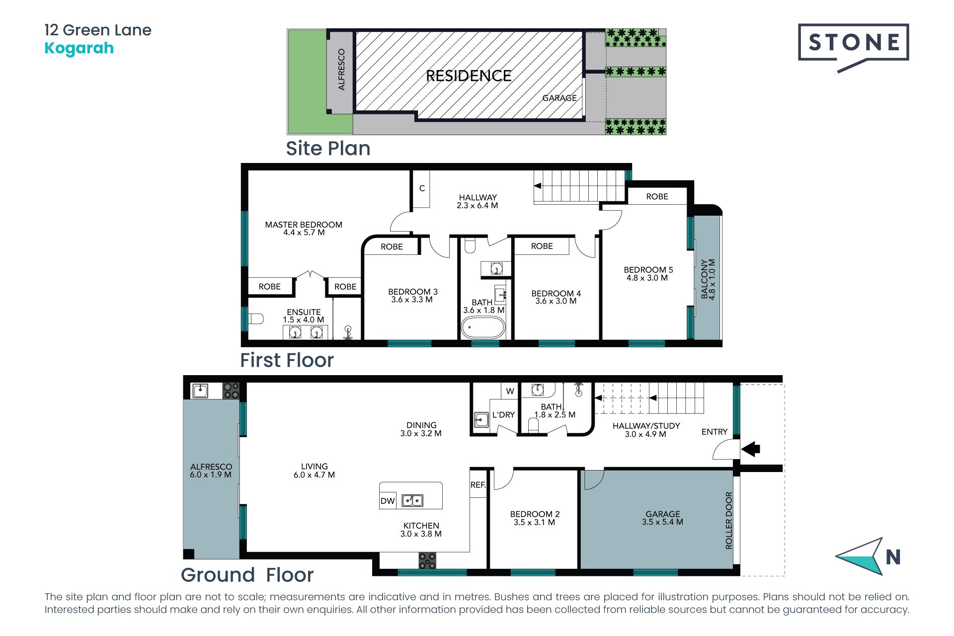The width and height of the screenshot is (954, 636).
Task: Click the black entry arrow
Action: (x=751, y=449)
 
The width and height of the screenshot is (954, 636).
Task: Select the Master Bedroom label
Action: (x=304, y=229)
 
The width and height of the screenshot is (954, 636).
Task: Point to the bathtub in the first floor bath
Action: (x=483, y=327)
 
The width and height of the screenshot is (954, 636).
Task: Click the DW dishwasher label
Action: (x=388, y=501)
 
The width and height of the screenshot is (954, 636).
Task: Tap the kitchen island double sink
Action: (x=412, y=500)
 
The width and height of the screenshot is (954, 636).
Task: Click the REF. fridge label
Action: (x=478, y=485)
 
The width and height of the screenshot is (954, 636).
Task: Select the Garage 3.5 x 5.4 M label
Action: (x=662, y=518)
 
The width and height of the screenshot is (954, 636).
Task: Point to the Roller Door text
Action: (x=729, y=520)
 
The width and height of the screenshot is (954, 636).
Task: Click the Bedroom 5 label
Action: (x=648, y=274)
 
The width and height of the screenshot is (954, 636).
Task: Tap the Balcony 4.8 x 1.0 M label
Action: (x=708, y=279)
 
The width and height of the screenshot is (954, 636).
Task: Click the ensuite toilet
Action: (x=256, y=318)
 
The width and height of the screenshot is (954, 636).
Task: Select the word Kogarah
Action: (x=79, y=48)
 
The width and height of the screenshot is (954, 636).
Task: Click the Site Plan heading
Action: (x=328, y=149)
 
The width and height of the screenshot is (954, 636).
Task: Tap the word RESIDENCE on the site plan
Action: (x=469, y=76)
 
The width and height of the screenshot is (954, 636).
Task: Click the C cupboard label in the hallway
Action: (x=422, y=188)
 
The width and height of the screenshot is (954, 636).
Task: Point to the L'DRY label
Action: (x=503, y=415)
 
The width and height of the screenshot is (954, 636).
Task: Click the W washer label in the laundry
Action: (x=510, y=391)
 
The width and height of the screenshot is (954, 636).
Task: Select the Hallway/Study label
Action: (x=646, y=430)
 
